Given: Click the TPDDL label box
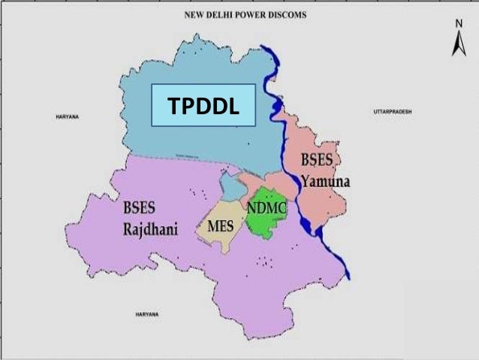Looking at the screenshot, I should pos(203,107).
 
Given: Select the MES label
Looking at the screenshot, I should pos(219,225).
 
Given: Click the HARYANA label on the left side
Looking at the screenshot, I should pos(68,117).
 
